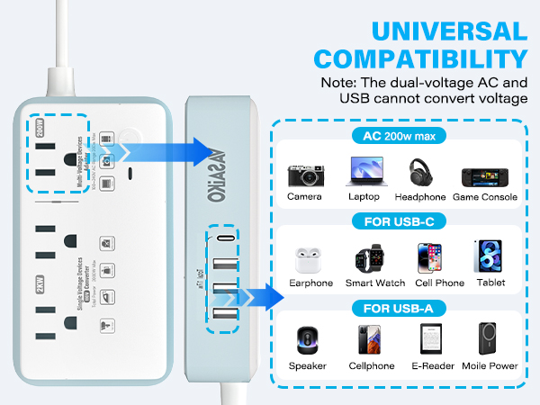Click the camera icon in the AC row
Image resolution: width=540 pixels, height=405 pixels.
tap(304, 174)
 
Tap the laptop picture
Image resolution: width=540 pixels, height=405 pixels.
tap(361, 173)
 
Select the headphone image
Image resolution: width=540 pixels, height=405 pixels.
tap(423, 173)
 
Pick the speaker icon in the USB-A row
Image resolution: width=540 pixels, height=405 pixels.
tap(308, 340)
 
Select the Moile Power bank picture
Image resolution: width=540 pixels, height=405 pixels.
tap(487, 340)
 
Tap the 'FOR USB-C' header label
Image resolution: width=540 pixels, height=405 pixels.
tap(397, 223)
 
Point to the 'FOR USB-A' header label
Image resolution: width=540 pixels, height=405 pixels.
tap(397, 307)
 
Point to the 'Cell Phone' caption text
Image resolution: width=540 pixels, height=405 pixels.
tap(427, 283)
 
